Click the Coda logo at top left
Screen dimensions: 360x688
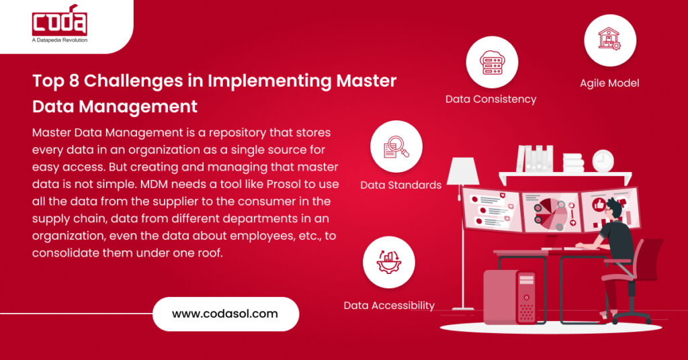coord(59,21)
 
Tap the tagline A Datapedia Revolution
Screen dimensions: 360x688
coord(60,40)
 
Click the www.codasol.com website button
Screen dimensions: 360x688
coord(225,314)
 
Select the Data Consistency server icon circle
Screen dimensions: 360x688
coord(492,62)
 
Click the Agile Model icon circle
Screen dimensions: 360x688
coord(609,40)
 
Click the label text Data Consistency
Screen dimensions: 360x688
coord(490,99)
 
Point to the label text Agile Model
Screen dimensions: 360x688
coord(609,84)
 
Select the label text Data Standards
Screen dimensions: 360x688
coord(400,185)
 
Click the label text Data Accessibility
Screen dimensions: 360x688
coord(389,306)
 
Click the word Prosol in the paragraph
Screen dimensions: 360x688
coord(300,183)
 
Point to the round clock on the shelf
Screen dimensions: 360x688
coord(603,161)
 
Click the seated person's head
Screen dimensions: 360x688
coord(617,209)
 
